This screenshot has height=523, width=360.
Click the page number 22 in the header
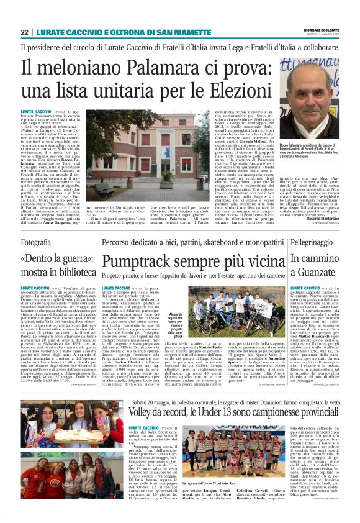[x=25, y=32]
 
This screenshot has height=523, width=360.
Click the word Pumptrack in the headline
[x=140, y=261]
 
